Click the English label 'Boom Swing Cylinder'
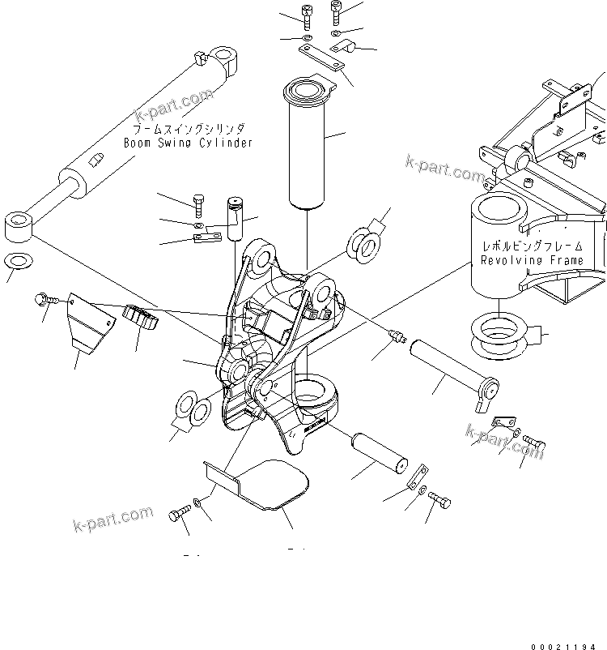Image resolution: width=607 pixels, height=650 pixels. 188,143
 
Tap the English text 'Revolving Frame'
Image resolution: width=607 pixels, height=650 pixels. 532,260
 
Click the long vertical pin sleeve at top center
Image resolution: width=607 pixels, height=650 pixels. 308,143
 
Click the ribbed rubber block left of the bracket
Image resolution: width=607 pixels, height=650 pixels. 142,318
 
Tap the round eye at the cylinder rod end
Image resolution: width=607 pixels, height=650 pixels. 19,225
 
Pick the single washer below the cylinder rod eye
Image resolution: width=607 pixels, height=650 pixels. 18,263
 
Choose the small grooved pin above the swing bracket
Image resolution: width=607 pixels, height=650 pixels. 235,217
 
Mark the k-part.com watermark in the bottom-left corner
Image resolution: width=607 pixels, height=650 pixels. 112,519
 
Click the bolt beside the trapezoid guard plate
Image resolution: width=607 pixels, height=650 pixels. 46,300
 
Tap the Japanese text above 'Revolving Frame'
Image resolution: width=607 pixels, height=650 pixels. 532,246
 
